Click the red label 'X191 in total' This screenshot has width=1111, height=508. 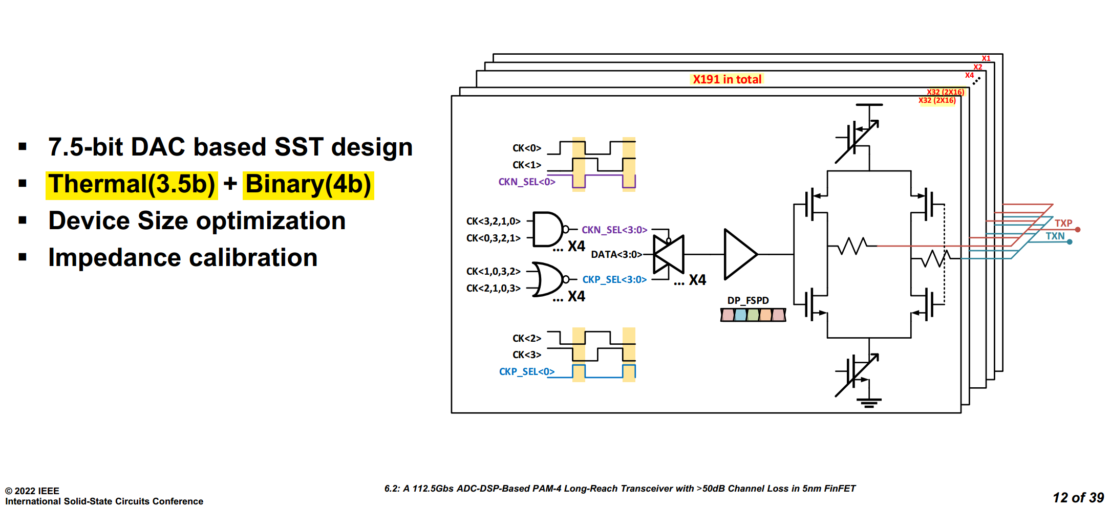(727, 79)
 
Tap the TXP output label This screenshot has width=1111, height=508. (1063, 223)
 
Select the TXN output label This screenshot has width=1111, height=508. (1055, 236)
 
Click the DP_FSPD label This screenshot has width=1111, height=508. (748, 300)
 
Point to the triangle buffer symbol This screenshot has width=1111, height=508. (740, 254)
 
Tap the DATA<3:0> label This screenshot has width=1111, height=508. (616, 254)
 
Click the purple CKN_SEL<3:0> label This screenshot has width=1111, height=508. (614, 230)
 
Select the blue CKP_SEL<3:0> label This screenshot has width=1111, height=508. (614, 279)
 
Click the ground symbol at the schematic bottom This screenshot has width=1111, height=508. (869, 403)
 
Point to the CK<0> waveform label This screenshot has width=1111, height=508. (527, 148)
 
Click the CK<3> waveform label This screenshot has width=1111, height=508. (527, 355)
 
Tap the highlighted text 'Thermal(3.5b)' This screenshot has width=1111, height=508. (132, 184)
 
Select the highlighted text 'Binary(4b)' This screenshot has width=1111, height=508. (309, 184)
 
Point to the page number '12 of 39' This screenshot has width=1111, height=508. (1078, 498)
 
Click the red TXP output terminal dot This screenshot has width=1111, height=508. (1078, 230)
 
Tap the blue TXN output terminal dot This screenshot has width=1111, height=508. (1070, 242)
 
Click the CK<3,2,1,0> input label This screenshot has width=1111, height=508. (493, 221)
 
